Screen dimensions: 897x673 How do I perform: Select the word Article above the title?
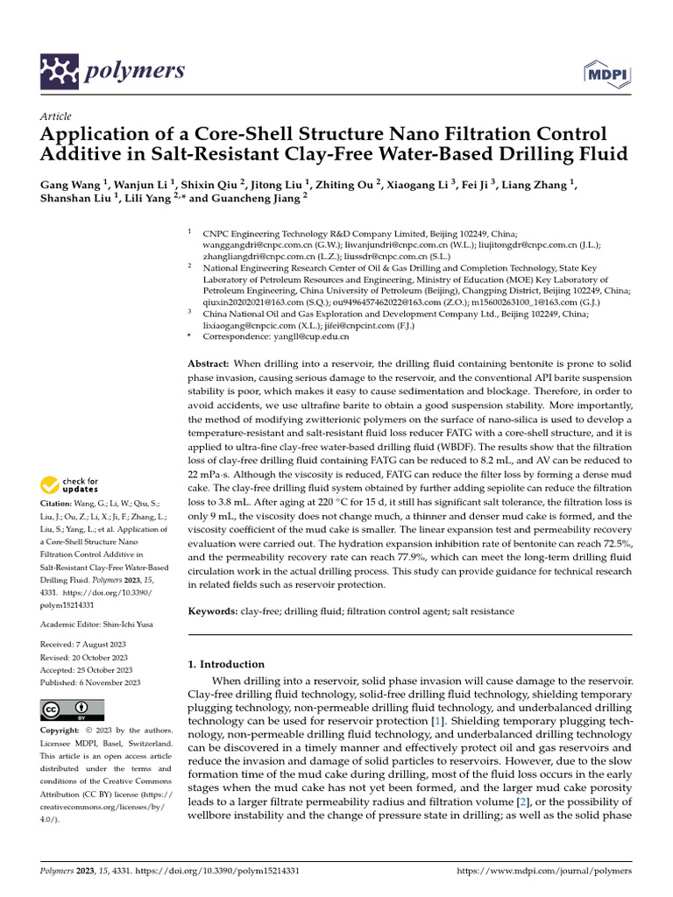pyautogui.click(x=55, y=117)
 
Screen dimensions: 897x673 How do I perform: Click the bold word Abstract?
pyautogui.click(x=209, y=363)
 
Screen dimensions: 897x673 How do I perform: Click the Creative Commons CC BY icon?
pyautogui.click(x=72, y=710)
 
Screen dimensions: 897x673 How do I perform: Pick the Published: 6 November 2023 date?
pyautogui.click(x=90, y=682)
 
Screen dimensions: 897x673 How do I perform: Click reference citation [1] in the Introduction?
pyautogui.click(x=436, y=720)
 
